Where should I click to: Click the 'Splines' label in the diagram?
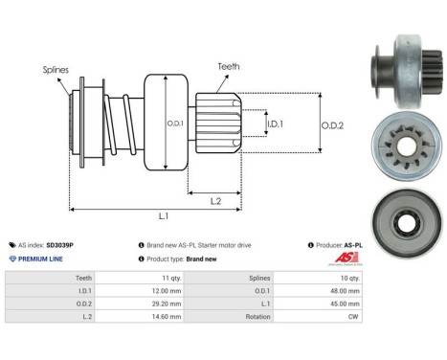pyautogui.click(x=56, y=69)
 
